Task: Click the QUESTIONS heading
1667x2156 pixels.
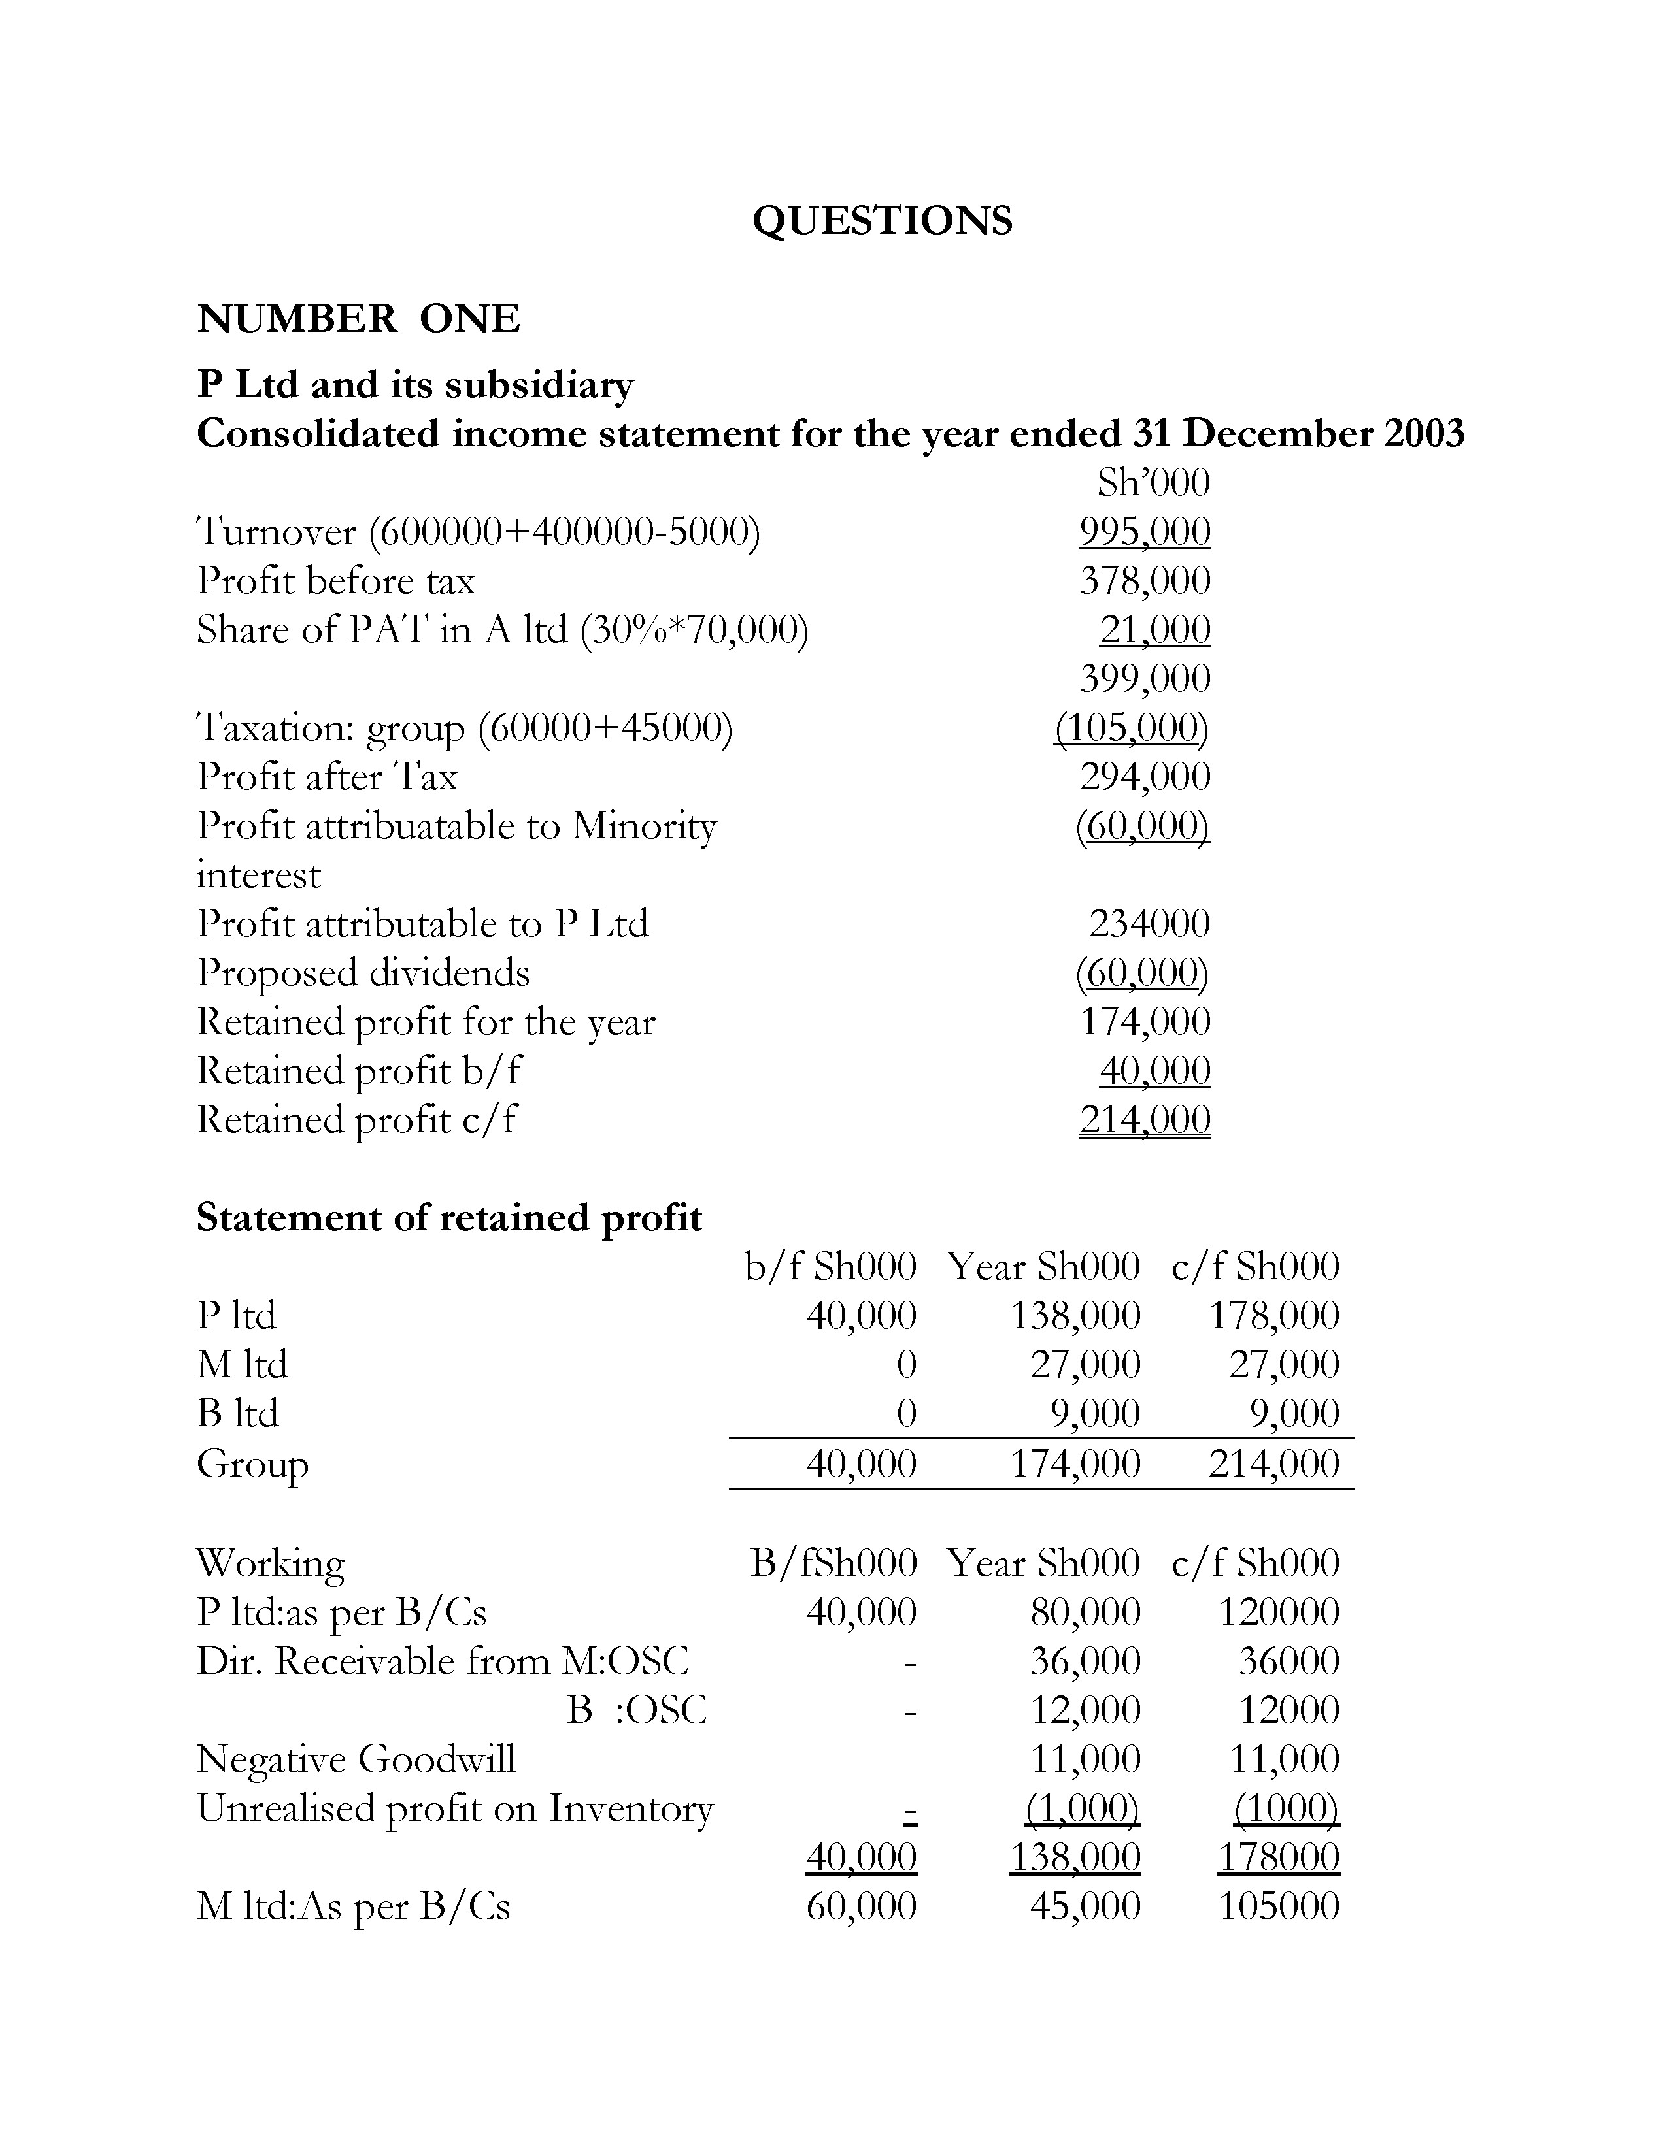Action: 882,220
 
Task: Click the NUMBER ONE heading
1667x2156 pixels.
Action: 358,319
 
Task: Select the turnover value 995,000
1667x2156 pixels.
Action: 1145,532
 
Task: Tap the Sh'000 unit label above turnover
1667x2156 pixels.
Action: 1153,483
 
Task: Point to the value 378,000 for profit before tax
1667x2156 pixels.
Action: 1145,580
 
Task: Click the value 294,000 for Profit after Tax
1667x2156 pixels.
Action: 1145,777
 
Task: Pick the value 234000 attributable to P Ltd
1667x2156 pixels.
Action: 1149,924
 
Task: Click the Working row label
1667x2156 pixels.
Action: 271,1563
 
